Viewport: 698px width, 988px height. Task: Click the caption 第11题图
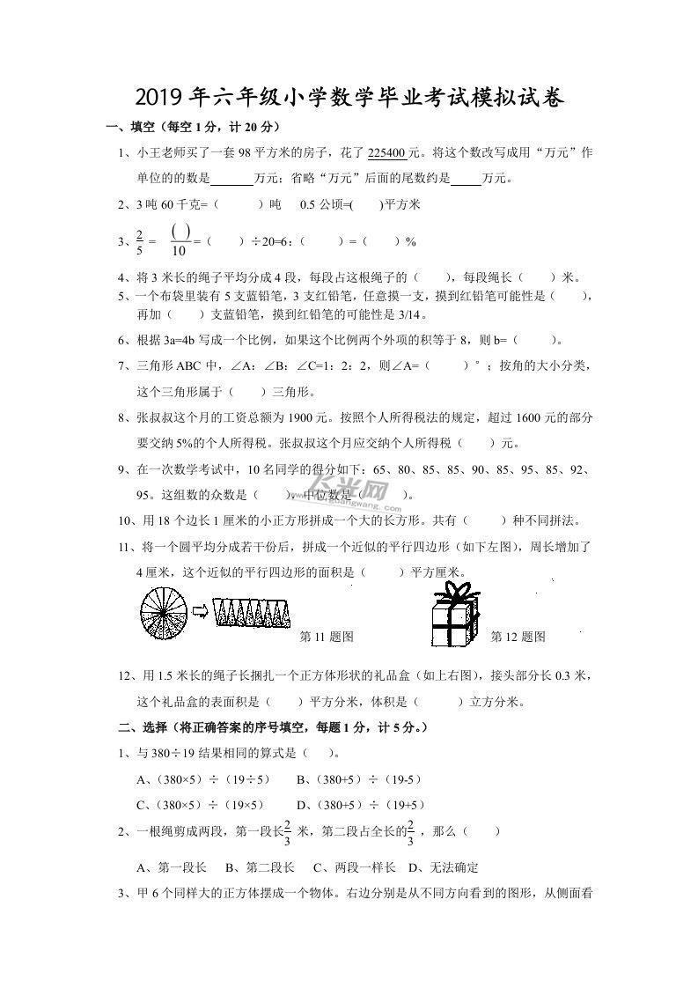(x=327, y=637)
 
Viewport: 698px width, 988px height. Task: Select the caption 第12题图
(x=518, y=637)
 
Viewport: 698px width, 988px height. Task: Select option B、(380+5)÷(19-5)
(x=358, y=779)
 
